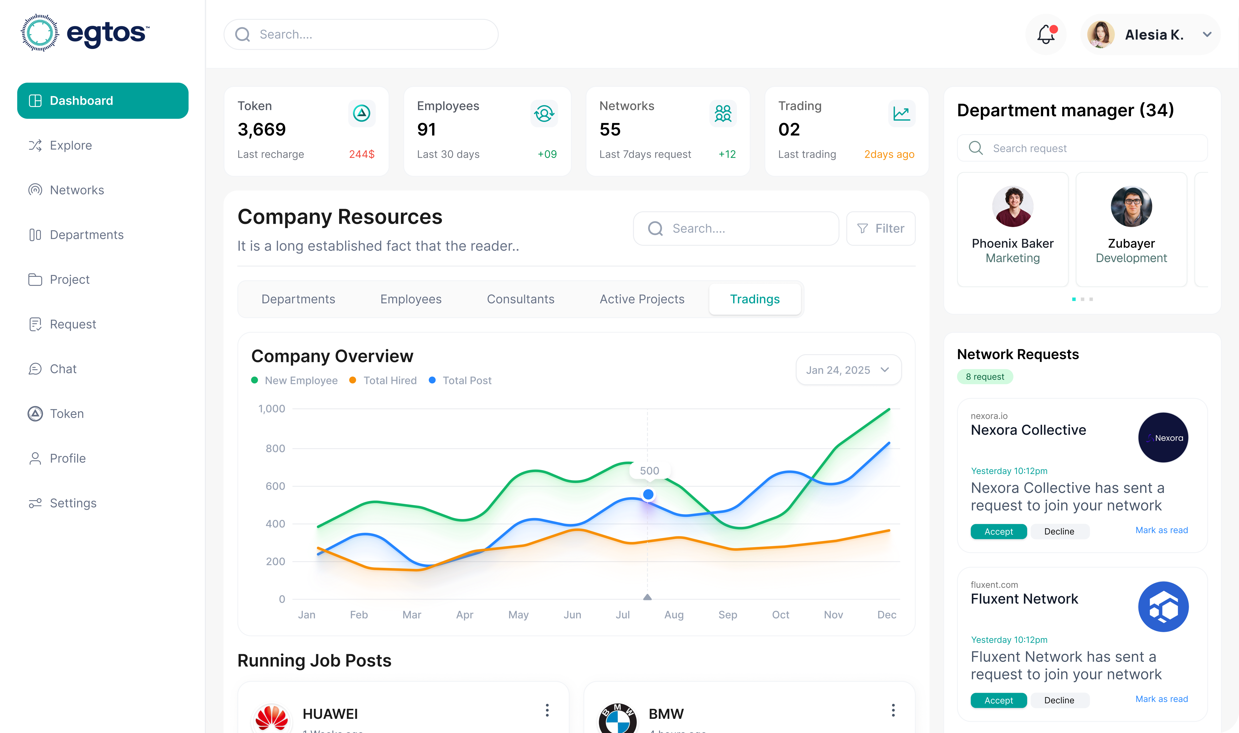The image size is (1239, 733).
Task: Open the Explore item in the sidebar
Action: pyautogui.click(x=71, y=145)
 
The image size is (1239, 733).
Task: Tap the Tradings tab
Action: pyautogui.click(x=755, y=299)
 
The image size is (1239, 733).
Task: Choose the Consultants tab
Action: pyautogui.click(x=521, y=299)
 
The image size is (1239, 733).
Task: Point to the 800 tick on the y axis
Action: pyautogui.click(x=275, y=448)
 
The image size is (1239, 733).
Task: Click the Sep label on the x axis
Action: pyautogui.click(x=727, y=614)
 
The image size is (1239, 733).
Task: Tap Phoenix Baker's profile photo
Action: pyautogui.click(x=1012, y=206)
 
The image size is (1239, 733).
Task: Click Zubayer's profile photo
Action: pyautogui.click(x=1131, y=206)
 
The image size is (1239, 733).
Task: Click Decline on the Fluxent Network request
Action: pyautogui.click(x=1059, y=700)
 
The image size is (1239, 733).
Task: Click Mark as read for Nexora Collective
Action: pyautogui.click(x=1161, y=530)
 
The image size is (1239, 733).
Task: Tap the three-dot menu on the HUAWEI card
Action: pyautogui.click(x=547, y=710)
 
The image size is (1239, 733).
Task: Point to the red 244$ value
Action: pyautogui.click(x=362, y=154)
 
